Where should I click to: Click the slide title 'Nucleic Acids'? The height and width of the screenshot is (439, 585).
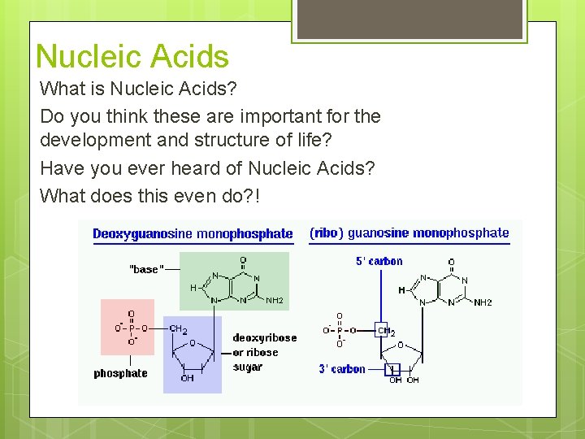point(132,57)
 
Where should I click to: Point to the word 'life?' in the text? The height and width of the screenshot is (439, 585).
point(312,140)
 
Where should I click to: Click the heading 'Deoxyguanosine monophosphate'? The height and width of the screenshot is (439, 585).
point(193,234)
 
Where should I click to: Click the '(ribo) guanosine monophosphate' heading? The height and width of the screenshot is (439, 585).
point(409,233)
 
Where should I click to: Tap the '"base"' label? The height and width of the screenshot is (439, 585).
point(146,269)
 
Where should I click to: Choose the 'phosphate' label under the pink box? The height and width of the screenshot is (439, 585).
point(120,373)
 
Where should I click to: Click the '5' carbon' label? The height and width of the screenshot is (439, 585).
point(379,261)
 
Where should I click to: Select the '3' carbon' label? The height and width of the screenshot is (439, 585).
point(341,369)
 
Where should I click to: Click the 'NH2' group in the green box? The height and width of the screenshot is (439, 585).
point(275,301)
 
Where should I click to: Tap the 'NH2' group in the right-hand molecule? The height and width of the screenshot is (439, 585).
point(483,302)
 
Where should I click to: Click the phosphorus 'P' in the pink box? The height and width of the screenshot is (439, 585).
point(132,328)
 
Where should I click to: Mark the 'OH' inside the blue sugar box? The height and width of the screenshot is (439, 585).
point(188,378)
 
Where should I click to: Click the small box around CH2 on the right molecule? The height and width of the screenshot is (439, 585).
point(383,329)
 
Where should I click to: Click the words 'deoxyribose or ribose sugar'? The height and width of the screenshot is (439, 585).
point(264,353)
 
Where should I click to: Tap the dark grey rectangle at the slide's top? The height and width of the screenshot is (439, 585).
point(408,19)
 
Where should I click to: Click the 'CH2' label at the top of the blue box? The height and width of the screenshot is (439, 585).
point(179,329)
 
